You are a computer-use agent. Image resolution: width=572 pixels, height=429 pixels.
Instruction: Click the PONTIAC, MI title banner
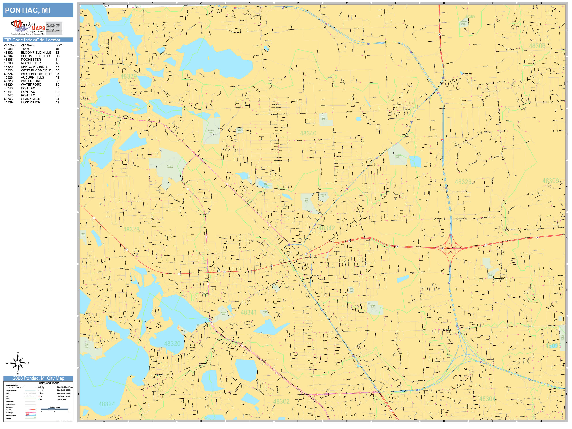[x=38, y=10]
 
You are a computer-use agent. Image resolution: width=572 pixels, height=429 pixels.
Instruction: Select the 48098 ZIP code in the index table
[x=8, y=49]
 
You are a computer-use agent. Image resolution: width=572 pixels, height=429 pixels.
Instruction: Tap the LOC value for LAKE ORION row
[x=57, y=103]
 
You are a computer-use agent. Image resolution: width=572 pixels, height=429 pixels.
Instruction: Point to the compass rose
[x=18, y=363]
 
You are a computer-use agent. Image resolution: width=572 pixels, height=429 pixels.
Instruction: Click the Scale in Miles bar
[x=55, y=409]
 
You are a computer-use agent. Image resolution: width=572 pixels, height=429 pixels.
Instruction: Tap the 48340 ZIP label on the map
[x=308, y=134]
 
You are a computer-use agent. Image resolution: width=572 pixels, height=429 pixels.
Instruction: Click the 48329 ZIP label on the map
[x=128, y=76]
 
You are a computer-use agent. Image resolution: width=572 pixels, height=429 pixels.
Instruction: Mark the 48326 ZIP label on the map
[x=463, y=182]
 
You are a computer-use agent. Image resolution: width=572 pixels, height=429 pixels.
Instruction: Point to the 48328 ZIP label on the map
[x=131, y=229]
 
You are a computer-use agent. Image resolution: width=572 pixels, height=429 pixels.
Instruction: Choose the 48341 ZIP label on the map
[x=248, y=312]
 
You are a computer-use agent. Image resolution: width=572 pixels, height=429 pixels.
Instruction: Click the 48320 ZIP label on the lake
[x=172, y=344]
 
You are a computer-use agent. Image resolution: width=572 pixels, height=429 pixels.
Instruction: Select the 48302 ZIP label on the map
[x=281, y=401]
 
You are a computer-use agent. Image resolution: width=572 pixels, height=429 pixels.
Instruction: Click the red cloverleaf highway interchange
[x=450, y=248]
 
